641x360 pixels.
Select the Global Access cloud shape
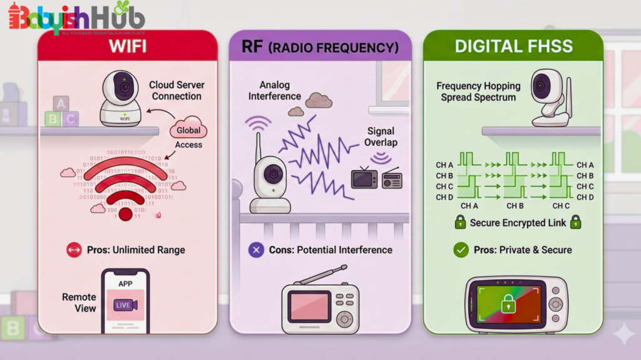[188, 130]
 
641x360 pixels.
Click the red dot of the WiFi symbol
[126, 214]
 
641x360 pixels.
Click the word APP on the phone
[125, 283]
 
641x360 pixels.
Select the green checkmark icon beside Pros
[461, 250]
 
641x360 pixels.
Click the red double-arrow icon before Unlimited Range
[74, 250]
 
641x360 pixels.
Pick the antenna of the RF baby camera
[257, 150]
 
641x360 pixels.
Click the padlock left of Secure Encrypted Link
[460, 222]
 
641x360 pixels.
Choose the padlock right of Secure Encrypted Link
[575, 222]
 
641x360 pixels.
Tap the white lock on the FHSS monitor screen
[508, 305]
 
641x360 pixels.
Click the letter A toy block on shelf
[61, 103]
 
